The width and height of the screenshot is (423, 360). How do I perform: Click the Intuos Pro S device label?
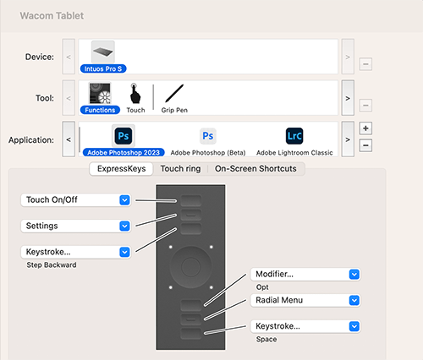[x=103, y=68]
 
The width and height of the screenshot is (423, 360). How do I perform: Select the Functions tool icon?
[x=100, y=93]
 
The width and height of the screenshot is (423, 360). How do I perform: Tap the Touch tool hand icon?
[x=135, y=93]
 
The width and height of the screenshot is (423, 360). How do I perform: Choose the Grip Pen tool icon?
[x=174, y=93]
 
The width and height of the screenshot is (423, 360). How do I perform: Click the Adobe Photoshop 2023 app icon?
[x=124, y=136]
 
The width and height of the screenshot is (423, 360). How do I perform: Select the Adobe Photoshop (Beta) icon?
[x=208, y=136]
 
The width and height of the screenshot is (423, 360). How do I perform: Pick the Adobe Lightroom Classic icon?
[x=294, y=136]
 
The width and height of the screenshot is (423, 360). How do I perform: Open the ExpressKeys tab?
[x=122, y=169]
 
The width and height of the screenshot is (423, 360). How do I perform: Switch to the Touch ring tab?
[x=180, y=169]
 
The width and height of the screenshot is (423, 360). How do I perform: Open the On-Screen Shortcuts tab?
[x=255, y=169]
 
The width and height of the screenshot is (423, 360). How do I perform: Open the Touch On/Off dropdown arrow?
[x=124, y=200]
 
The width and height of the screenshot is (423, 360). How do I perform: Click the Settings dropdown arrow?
[x=124, y=226]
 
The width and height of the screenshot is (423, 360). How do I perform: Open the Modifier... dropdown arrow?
[x=354, y=275]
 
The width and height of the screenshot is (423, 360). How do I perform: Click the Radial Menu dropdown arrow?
[x=354, y=300]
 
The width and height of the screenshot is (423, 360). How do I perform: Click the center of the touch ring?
[x=191, y=267]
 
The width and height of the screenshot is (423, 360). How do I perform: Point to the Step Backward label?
[x=52, y=265]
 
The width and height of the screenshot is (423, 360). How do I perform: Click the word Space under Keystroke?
[x=266, y=339]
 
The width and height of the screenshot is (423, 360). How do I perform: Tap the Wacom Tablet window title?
[x=52, y=16]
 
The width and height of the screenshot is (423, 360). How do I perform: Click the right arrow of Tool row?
[x=348, y=98]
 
